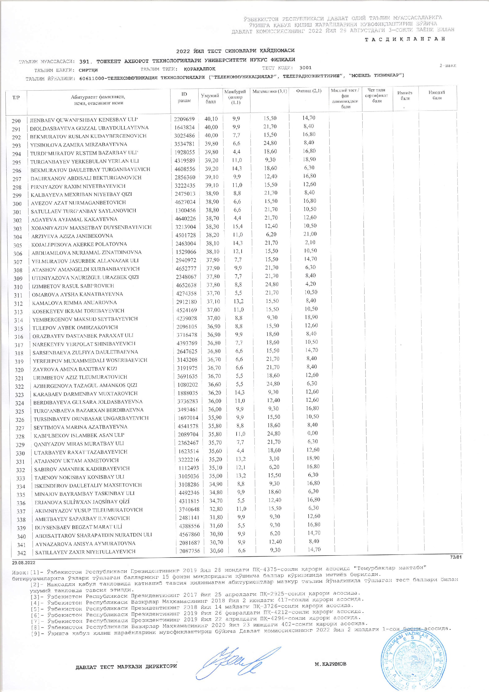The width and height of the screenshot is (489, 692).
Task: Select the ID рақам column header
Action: click(x=184, y=97)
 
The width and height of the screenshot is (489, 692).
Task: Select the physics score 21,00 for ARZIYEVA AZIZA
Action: click(x=310, y=234)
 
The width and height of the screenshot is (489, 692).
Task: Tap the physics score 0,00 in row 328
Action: click(x=312, y=433)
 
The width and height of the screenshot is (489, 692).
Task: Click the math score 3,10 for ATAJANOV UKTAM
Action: click(x=274, y=458)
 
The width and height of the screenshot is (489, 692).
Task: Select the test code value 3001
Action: click(x=305, y=68)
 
